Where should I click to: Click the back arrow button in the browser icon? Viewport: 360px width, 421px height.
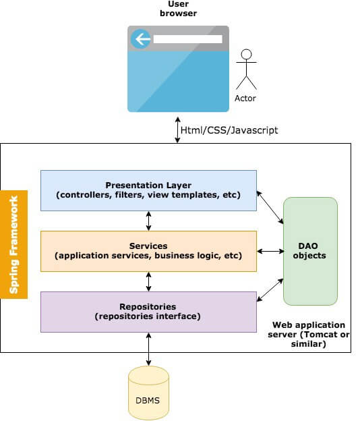141,39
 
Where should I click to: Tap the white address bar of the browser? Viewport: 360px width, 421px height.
188,39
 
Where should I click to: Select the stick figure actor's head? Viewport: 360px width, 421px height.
246,54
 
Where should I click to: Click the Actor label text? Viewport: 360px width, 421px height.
245,99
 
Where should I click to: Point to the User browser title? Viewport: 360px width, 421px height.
179,9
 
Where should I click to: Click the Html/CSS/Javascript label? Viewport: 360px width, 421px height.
229,130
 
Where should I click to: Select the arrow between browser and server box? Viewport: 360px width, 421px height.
177,130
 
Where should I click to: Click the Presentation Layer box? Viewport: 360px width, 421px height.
148,190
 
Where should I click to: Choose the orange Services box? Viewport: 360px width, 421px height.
148,251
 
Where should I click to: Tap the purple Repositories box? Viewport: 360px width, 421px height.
148,312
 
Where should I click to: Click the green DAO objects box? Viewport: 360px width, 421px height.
310,251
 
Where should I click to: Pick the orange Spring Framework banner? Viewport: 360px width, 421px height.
13,244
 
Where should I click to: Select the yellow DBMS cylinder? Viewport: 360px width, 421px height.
148,393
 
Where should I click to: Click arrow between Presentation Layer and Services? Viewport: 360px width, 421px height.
148,221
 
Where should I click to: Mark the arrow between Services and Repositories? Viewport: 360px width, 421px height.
148,281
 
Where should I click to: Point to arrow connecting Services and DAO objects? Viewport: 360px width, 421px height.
270,251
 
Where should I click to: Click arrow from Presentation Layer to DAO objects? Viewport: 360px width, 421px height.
270,207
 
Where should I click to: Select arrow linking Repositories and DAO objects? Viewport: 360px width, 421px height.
270,290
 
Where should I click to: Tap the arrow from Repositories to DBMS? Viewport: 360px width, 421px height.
148,349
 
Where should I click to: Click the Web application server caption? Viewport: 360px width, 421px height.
309,335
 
